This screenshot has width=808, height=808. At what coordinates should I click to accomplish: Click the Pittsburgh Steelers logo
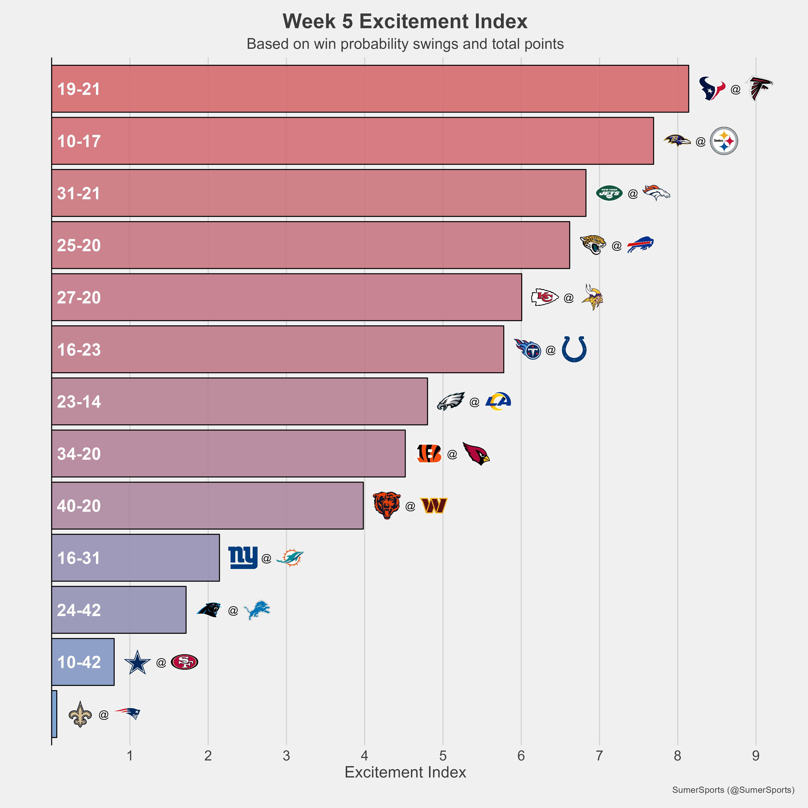[724, 141]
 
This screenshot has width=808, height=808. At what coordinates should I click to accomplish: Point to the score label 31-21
[79, 193]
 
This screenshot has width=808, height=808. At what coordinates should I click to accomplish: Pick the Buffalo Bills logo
[640, 245]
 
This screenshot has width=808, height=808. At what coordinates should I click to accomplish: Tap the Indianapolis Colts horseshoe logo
[574, 349]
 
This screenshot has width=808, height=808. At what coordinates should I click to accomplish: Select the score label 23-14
[79, 401]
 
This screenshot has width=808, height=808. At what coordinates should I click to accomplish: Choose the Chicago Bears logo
[387, 506]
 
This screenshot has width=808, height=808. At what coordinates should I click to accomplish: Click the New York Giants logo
[243, 557]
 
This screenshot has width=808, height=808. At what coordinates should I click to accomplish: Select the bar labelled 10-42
[83, 662]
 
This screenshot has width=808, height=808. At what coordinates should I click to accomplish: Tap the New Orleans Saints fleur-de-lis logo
[80, 714]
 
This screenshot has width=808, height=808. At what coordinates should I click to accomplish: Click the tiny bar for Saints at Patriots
[54, 714]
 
